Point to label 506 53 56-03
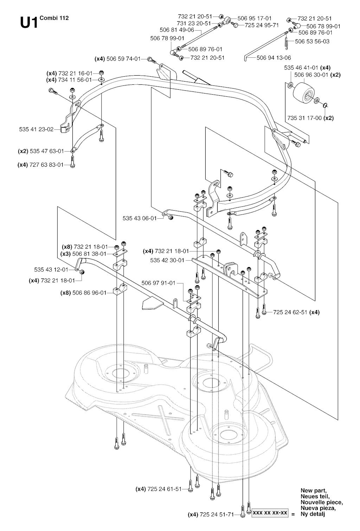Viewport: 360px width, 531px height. (x=312, y=41)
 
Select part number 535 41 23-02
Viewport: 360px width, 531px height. (x=36, y=129)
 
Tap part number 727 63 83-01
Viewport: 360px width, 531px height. (x=47, y=165)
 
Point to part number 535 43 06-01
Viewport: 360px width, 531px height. (x=140, y=218)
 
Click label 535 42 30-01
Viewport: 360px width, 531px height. (x=167, y=261)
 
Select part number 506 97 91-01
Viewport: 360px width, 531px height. (x=158, y=283)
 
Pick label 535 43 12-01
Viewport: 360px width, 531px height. (x=51, y=270)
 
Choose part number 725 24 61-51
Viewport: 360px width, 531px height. (x=165, y=489)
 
